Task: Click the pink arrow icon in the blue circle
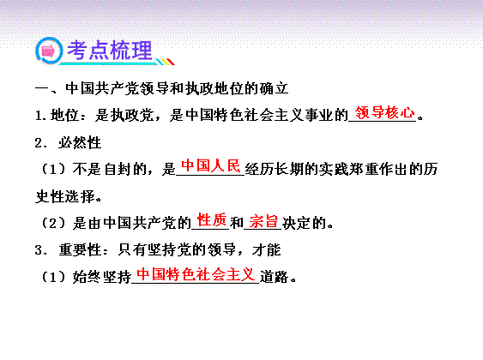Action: tap(48, 51)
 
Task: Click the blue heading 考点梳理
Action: tap(110, 51)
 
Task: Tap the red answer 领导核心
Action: tap(384, 112)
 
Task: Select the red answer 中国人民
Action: tap(211, 165)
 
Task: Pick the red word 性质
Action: tap(212, 220)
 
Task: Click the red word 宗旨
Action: tap(263, 221)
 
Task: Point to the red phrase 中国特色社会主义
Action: tap(196, 274)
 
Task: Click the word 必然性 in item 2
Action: tap(80, 143)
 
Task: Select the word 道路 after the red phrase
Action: tap(275, 277)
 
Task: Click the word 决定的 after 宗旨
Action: tap(304, 223)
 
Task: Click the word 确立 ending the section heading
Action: tap(274, 88)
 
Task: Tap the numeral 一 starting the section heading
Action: tap(42, 89)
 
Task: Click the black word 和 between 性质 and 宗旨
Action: tap(236, 223)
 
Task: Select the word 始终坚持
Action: tap(102, 277)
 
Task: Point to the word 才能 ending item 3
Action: tap(267, 249)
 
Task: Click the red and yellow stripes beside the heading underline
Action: tap(166, 62)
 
